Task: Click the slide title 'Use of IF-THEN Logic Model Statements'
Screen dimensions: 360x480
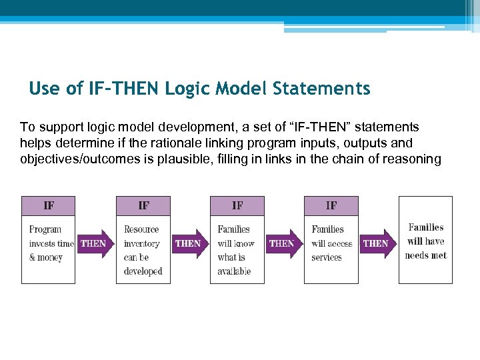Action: click(x=199, y=88)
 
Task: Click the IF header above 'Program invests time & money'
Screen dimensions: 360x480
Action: click(x=49, y=205)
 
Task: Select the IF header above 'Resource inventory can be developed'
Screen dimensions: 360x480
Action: click(x=143, y=205)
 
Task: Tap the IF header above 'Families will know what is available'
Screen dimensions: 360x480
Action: click(x=237, y=205)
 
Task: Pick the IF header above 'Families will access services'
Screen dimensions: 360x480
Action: click(x=331, y=205)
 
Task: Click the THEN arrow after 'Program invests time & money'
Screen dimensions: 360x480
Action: click(x=94, y=243)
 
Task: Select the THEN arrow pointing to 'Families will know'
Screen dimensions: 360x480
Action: click(x=189, y=243)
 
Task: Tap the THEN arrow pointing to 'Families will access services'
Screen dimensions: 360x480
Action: click(x=283, y=243)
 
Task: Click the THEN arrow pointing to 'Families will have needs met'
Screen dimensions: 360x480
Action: click(x=377, y=243)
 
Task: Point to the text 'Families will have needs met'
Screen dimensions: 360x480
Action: click(x=425, y=241)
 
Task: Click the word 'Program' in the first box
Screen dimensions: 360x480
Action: click(x=45, y=229)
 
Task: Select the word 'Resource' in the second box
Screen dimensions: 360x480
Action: click(x=141, y=229)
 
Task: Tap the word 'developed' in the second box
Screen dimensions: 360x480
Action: click(x=143, y=271)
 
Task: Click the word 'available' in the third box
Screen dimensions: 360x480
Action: click(x=234, y=271)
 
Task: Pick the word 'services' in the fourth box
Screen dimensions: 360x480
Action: click(x=327, y=257)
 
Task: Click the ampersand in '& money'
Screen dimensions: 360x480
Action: click(x=33, y=257)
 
